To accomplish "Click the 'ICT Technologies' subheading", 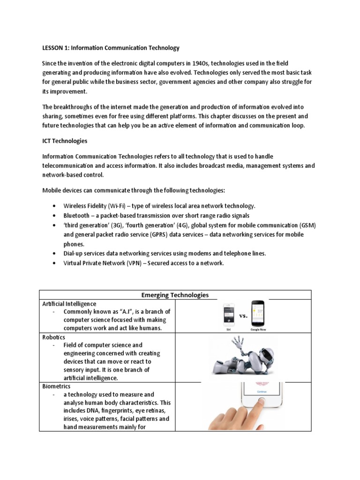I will [x=65, y=141].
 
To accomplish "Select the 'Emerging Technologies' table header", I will [x=175, y=295].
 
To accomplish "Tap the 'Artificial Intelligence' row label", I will [x=69, y=304].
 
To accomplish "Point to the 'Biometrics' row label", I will [x=56, y=386].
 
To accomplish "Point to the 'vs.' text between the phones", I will [x=243, y=316].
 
